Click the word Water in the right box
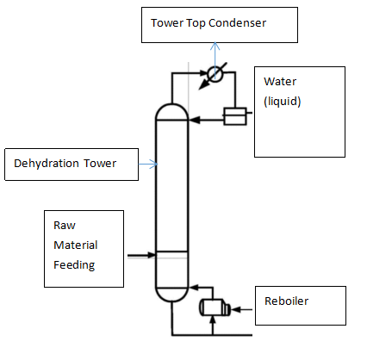[280, 82]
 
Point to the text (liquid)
[283, 102]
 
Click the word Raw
[65, 226]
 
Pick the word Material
[76, 245]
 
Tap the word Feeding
[74, 265]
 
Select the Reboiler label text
[286, 301]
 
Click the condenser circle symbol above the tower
[215, 75]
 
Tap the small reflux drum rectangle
[235, 116]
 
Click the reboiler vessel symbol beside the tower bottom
[215, 307]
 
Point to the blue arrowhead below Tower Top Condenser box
[215, 47]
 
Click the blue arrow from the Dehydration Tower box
[148, 164]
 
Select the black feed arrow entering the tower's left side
[142, 255]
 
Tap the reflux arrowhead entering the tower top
[194, 120]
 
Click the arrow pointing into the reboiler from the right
[241, 310]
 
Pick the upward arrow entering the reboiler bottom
[213, 325]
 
